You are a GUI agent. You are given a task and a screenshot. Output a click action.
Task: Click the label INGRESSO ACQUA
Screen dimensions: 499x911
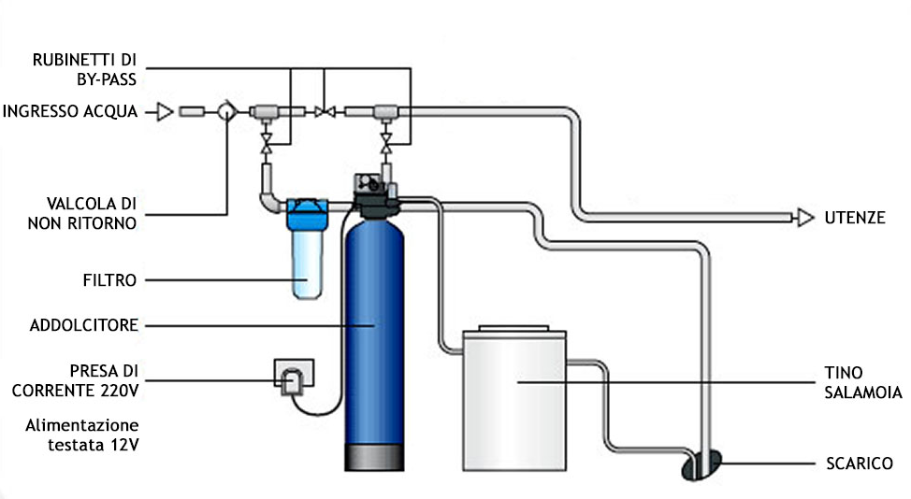pos(70,112)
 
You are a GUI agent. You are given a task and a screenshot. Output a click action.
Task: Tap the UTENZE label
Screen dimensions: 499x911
pos(854,217)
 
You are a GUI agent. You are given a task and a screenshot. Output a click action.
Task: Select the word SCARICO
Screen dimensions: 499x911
pos(859,463)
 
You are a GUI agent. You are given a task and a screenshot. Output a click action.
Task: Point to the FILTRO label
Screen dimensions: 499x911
pos(111,279)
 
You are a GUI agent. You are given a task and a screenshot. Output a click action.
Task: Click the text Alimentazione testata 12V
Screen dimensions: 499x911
pos(81,434)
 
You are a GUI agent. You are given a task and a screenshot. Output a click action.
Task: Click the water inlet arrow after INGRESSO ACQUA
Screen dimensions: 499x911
pos(164,112)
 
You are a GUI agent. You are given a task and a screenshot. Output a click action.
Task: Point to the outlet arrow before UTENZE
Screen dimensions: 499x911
pos(803,217)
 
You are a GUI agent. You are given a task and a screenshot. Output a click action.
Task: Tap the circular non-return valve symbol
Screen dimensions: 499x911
pos(226,111)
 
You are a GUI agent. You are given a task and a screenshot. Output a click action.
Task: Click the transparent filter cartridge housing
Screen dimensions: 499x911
pos(305,263)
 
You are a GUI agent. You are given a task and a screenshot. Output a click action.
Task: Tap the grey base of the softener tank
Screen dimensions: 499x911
pos(374,456)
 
